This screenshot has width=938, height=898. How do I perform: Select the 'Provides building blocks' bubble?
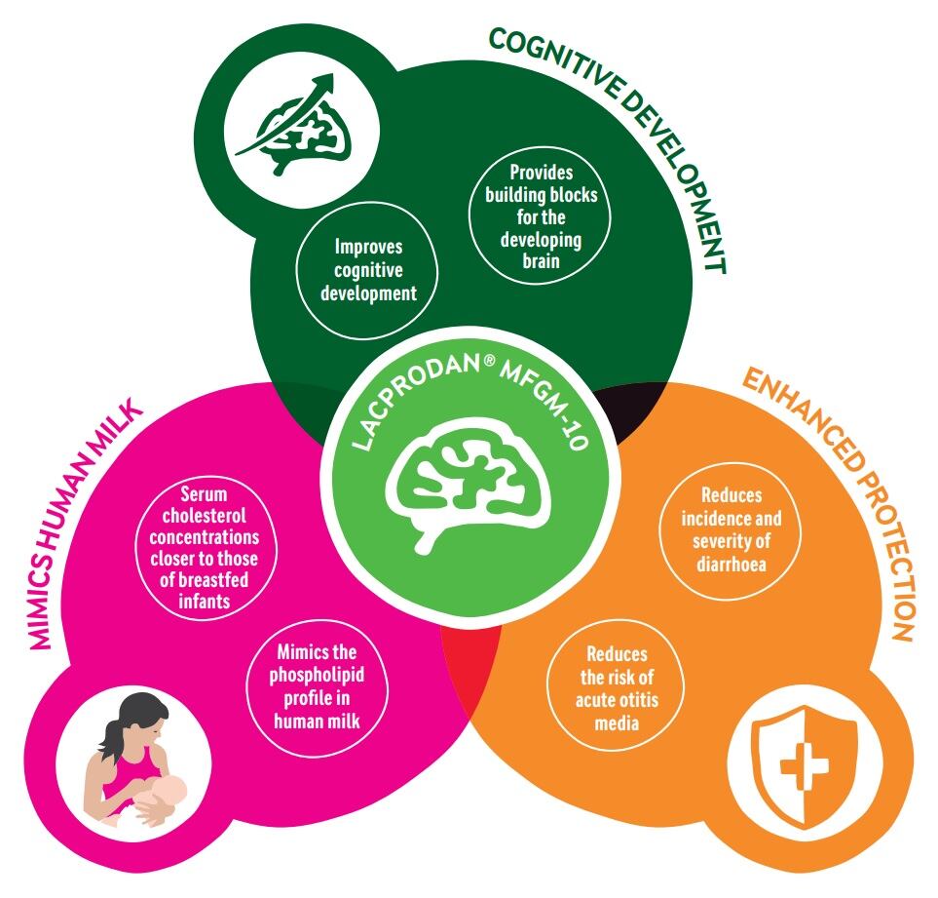pyautogui.click(x=541, y=216)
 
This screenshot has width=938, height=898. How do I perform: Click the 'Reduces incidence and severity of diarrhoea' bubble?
pyautogui.click(x=731, y=529)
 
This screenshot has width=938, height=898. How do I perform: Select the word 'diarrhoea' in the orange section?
pyautogui.click(x=731, y=563)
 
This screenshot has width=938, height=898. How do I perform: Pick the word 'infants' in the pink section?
pyautogui.click(x=205, y=602)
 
